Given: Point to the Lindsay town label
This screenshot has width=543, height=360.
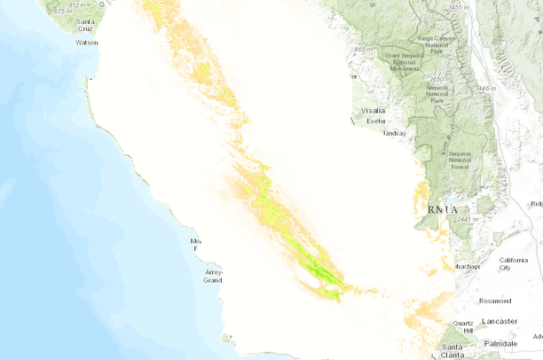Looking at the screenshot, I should pyautogui.click(x=394, y=133).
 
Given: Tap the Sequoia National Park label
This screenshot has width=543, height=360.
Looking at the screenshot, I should pyautogui.click(x=437, y=94).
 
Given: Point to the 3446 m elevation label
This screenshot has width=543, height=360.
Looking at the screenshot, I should pyautogui.click(x=486, y=89).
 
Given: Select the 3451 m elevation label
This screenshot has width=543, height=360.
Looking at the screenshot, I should pyautogui.click(x=459, y=7).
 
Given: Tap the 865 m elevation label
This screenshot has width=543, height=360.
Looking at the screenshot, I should pyautogui.click(x=362, y=50).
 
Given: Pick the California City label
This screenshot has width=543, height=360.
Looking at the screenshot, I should pyautogui.click(x=513, y=262).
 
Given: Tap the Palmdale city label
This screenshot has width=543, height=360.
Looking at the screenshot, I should pyautogui.click(x=501, y=343).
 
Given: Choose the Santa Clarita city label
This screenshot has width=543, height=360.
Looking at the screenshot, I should pyautogui.click(x=452, y=351).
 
